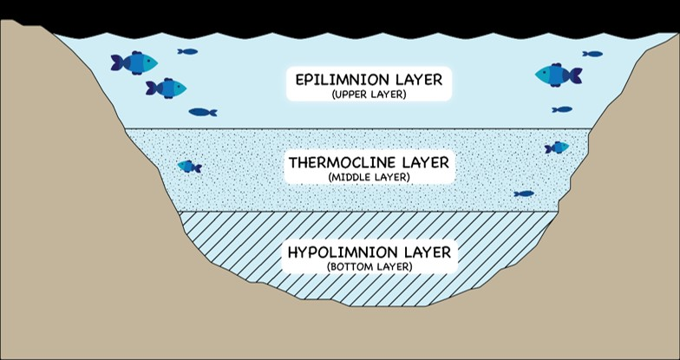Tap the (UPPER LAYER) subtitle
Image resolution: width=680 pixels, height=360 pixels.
pos(369,94)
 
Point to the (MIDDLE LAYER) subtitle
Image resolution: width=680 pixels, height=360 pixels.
pos(369,177)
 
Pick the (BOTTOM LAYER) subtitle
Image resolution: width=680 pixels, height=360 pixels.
pos(369,266)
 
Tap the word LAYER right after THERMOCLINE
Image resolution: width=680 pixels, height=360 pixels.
pos(426,162)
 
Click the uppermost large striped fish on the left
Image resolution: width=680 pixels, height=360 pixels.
pos(134,62)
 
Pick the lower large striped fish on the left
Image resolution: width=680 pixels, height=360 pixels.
pos(167,88)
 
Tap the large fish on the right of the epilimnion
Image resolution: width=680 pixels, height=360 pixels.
pos(558,75)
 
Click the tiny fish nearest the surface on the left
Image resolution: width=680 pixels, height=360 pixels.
pos(187,51)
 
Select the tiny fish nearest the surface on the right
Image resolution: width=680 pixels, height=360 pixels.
pos(592,54)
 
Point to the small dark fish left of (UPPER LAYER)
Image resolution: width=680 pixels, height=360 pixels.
pos(202,112)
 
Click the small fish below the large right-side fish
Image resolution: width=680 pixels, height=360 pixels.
pos(562,109)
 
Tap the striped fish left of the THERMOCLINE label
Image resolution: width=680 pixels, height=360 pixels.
pos(189,167)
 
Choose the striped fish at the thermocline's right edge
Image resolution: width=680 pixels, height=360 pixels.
pos(557,147)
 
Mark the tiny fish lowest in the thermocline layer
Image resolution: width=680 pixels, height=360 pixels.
pos(523,193)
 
